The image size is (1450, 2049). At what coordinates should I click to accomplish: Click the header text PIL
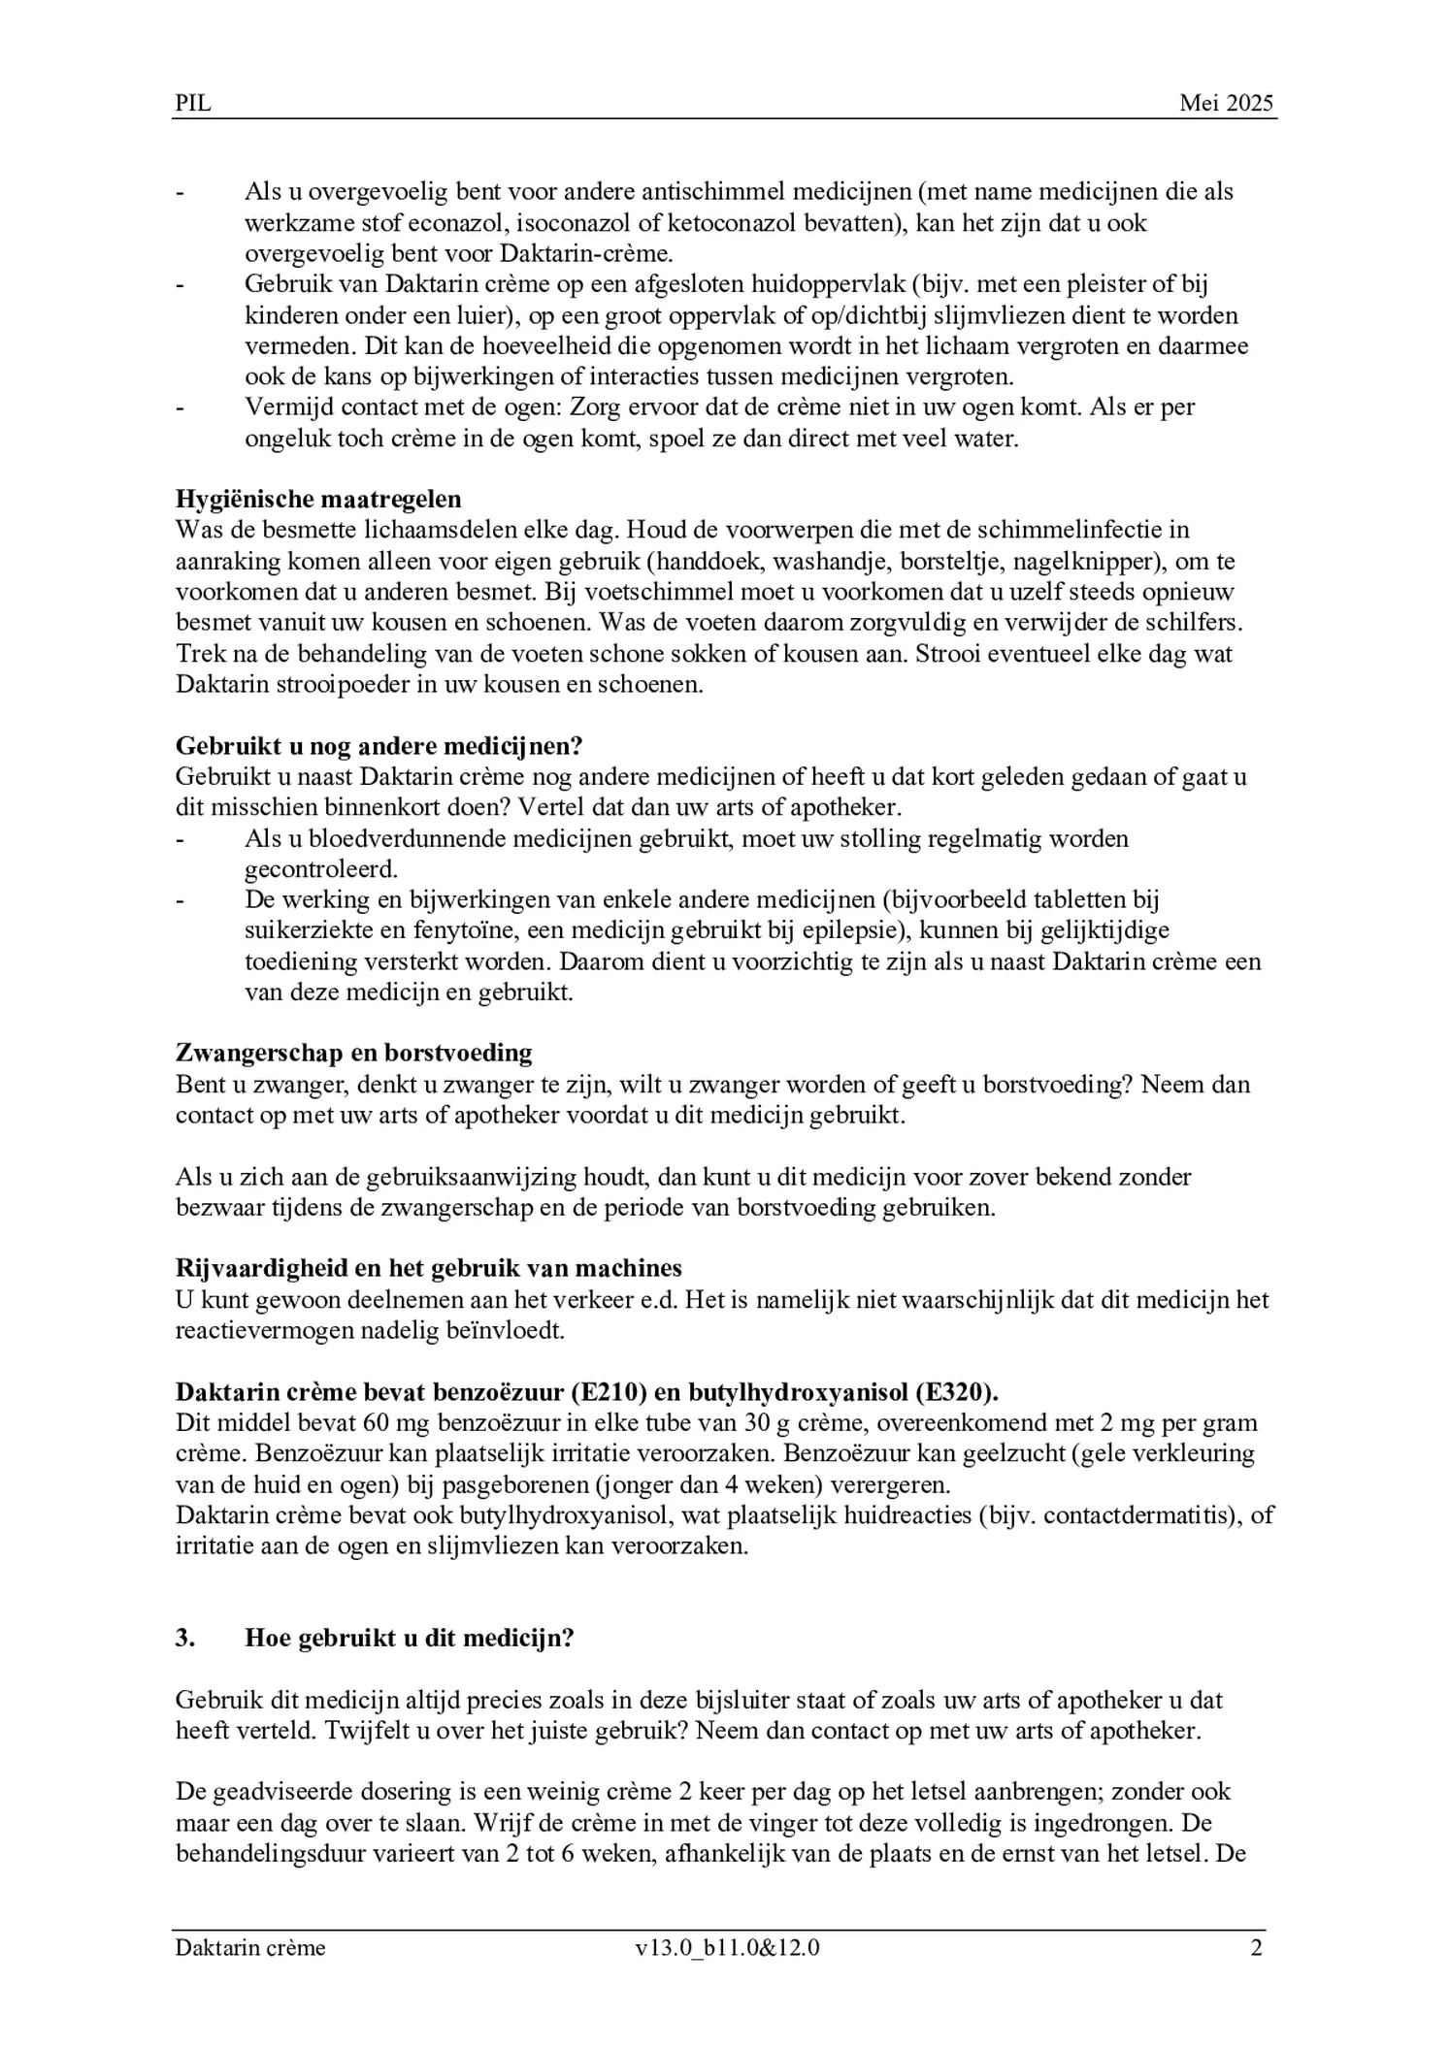tap(192, 104)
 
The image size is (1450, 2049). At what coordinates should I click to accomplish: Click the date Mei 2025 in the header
tap(1226, 104)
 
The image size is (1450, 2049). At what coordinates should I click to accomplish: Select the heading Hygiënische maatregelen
tap(318, 499)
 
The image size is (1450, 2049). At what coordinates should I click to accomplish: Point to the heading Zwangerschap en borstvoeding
tap(353, 1053)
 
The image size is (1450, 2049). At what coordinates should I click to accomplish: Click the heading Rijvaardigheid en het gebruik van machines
tap(428, 1268)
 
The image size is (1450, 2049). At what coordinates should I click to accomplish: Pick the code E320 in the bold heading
tap(954, 1392)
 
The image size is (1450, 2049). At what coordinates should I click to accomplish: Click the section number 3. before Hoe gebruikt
tap(185, 1639)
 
